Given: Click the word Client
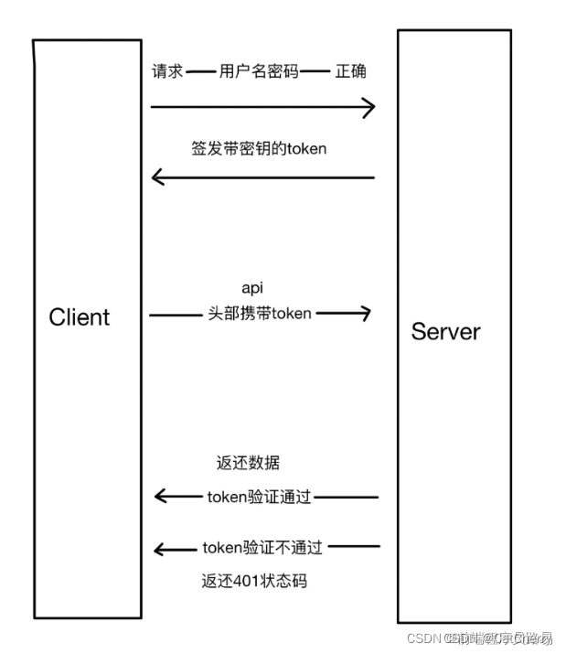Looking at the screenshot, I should [x=79, y=317].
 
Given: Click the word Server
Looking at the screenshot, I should [x=445, y=331].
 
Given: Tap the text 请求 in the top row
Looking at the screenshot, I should [x=167, y=71].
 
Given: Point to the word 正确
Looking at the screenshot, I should [x=351, y=71].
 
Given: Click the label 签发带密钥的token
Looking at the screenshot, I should [x=259, y=148].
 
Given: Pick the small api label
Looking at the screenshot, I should [x=251, y=289].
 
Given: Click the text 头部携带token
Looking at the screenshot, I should [x=260, y=314].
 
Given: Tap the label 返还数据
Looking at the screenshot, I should [x=242, y=464].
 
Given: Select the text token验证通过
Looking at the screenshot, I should [x=260, y=497].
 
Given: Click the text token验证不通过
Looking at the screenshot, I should [x=262, y=549].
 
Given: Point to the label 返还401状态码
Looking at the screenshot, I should [x=248, y=580].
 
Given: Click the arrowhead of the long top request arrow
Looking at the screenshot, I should [x=368, y=108].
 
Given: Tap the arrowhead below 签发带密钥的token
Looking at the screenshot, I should [x=158, y=177].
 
